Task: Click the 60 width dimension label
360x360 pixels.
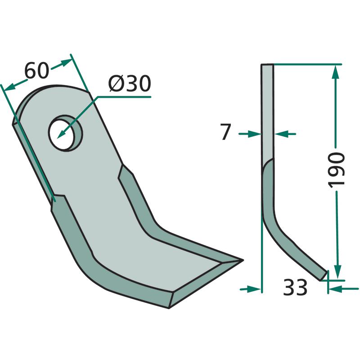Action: [x=37, y=71]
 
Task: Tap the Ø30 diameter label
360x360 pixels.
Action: [x=130, y=83]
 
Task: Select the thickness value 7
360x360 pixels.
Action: [x=225, y=131]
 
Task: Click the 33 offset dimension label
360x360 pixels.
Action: [x=295, y=287]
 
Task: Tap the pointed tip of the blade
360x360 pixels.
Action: [x=243, y=260]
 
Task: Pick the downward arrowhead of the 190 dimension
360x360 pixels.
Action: [x=337, y=272]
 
